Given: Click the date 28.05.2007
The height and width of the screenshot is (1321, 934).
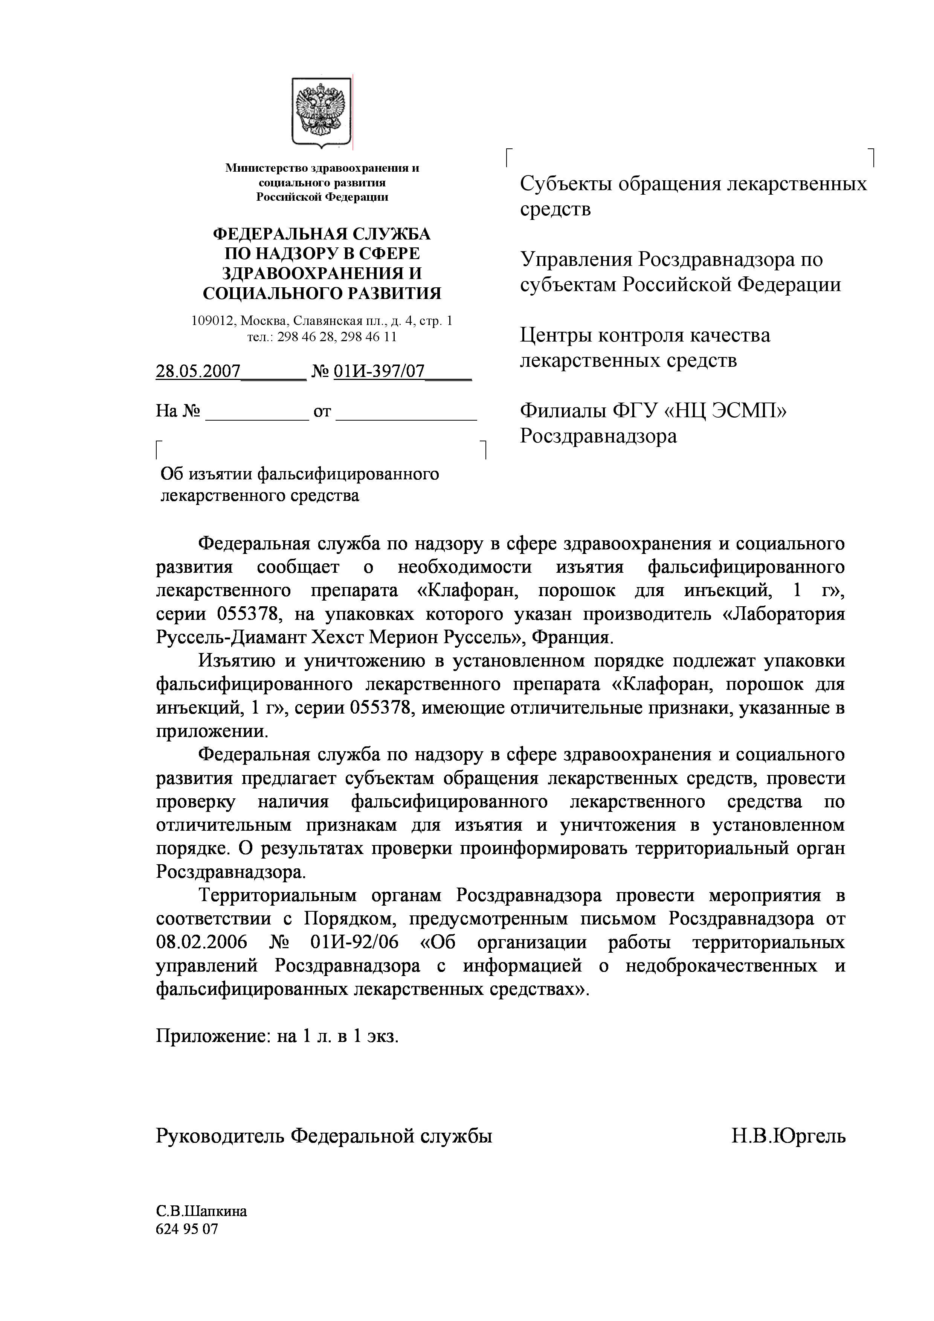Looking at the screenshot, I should pos(198,371).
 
